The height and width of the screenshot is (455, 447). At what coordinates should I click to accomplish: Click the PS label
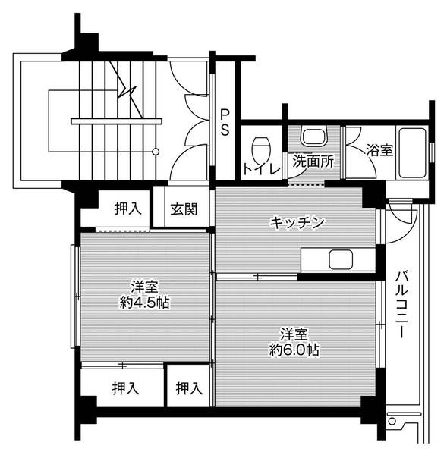pos(225,122)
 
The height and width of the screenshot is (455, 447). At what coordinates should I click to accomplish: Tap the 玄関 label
pos(183,209)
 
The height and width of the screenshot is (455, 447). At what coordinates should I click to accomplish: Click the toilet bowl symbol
pos(261,144)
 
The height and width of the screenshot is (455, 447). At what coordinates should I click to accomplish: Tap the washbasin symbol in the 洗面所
pos(312,136)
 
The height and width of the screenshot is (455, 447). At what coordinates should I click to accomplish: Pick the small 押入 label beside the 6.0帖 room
pos(189,389)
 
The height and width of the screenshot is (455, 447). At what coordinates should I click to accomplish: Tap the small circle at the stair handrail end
pos(156,152)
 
